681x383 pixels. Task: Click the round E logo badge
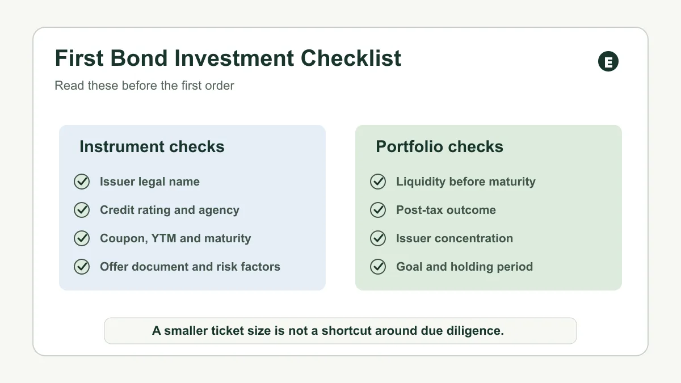click(x=608, y=61)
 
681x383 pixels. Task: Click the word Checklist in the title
click(x=351, y=58)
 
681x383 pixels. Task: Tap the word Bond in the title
click(x=138, y=58)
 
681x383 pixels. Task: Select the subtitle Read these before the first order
click(x=144, y=86)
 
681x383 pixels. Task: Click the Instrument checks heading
click(x=152, y=146)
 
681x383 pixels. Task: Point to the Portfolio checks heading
click(x=440, y=146)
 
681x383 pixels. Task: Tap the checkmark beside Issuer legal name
click(x=82, y=182)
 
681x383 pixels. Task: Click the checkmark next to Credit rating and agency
click(x=82, y=210)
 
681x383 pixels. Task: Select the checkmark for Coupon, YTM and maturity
click(x=82, y=238)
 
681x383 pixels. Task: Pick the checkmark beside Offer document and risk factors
click(x=82, y=267)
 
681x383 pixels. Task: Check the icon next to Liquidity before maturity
click(x=378, y=182)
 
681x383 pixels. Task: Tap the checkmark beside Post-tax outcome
click(x=378, y=210)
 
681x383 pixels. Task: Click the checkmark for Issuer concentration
click(x=378, y=238)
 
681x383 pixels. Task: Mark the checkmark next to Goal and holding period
click(x=378, y=267)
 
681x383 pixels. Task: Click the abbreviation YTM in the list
click(x=163, y=238)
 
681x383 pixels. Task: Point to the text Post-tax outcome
click(x=446, y=210)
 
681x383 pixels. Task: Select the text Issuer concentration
click(x=455, y=238)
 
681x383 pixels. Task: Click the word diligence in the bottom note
click(x=475, y=331)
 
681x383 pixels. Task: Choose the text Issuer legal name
click(x=150, y=182)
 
